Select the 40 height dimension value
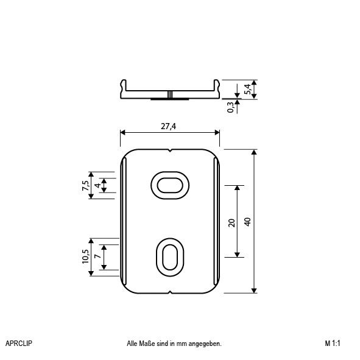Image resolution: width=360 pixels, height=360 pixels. pos(247,221)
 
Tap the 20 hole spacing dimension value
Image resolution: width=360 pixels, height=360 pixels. pos(231,222)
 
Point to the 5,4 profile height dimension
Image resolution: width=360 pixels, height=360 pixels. pos(247,89)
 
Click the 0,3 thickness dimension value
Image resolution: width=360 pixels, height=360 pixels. pos(230,107)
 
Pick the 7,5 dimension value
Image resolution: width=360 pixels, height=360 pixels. pos(86,185)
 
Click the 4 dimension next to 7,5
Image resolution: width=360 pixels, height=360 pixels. pos(97,185)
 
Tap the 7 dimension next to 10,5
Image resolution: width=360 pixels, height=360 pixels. pos(97,257)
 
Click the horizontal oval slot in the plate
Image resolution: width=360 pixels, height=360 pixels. pos(170,184)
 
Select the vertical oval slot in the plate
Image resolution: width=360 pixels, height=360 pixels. pos(170,256)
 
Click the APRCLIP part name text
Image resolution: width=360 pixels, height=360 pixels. pos(18,344)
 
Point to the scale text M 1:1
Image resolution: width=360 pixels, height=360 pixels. pos(333,344)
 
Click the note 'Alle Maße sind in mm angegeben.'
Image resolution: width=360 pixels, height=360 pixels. pos(174,344)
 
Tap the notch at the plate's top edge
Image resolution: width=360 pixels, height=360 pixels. pos(170,150)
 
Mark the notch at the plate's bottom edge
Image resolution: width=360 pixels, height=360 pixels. pos(170,292)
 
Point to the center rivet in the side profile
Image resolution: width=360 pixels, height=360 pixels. pos(171,95)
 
